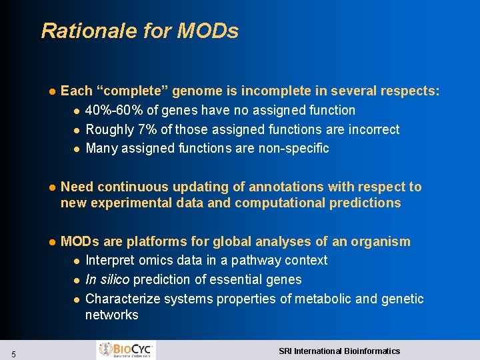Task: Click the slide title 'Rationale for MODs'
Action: pos(139,31)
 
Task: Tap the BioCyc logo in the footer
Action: pos(127,349)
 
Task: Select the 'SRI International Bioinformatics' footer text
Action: pos(339,351)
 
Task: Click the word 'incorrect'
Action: pos(371,129)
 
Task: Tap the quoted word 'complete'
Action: pos(129,91)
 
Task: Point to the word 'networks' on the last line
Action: pos(111,315)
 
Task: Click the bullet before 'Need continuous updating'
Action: pos(50,187)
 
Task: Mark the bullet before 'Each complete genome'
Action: pos(50,91)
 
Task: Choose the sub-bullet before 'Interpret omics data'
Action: pos(77,261)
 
